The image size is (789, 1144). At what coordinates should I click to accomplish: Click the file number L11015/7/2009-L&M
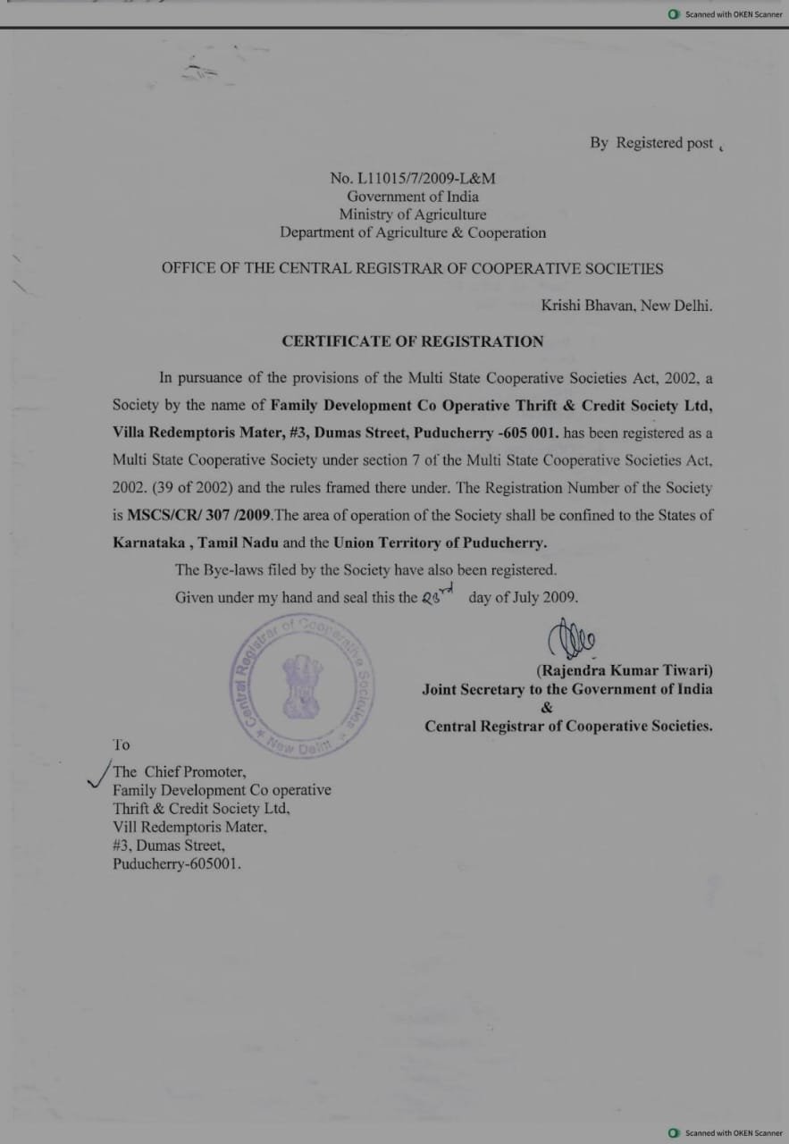(412, 178)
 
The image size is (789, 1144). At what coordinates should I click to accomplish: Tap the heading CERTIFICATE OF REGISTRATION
(412, 341)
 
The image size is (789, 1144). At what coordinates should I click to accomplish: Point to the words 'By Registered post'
(651, 143)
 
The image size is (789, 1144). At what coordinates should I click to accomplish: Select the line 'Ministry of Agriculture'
(412, 214)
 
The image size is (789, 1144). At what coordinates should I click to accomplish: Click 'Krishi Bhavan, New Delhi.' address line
(626, 305)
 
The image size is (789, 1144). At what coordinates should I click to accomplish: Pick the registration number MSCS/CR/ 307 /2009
(198, 516)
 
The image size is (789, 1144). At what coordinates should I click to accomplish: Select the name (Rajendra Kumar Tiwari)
(624, 669)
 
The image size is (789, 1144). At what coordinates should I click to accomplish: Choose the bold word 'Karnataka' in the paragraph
(148, 543)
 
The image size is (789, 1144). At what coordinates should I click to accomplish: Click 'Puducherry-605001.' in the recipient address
(177, 864)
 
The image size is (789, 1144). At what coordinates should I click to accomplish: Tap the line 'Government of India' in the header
(412, 197)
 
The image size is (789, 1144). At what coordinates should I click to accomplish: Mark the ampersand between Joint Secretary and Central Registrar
(547, 708)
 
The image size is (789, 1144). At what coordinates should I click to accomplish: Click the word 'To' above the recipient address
(121, 744)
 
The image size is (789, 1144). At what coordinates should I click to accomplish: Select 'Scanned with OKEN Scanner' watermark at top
(725, 14)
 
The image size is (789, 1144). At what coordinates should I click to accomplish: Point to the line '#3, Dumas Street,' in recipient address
(168, 845)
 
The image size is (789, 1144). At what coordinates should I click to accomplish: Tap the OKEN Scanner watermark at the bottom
(725, 1133)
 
